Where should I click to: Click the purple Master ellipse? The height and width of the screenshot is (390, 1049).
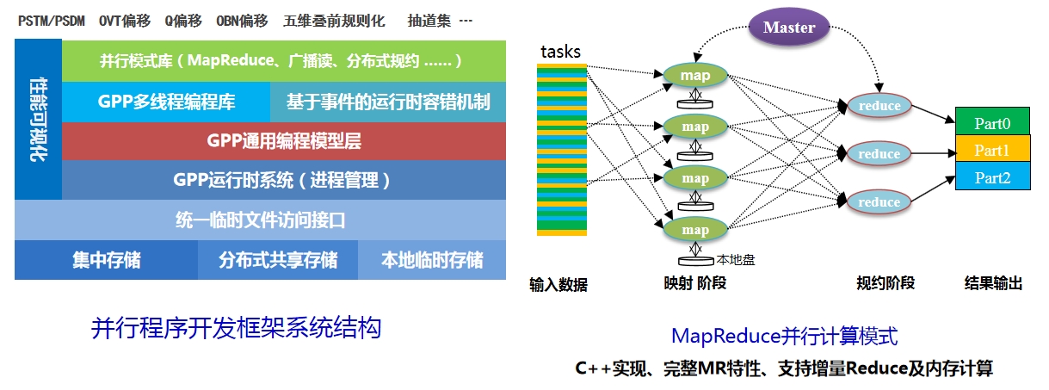point(789,27)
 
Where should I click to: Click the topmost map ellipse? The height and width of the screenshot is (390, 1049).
point(695,76)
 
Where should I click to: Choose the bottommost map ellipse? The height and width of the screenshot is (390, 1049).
point(695,230)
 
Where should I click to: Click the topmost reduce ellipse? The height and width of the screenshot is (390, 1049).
point(879,106)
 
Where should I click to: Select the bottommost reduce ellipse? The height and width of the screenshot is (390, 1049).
point(879,202)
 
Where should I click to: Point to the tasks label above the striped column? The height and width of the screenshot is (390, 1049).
point(560,52)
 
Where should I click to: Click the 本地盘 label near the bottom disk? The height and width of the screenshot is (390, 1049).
point(736,259)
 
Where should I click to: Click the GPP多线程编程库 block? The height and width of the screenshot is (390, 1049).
point(167,102)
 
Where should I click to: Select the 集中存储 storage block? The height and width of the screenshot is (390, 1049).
point(107,260)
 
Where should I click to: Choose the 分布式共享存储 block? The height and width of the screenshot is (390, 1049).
point(278,260)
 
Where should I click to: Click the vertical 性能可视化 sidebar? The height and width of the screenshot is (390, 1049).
point(39,121)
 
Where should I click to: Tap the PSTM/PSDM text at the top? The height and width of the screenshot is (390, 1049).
point(51,21)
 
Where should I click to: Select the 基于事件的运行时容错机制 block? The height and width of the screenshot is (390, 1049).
point(388,102)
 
